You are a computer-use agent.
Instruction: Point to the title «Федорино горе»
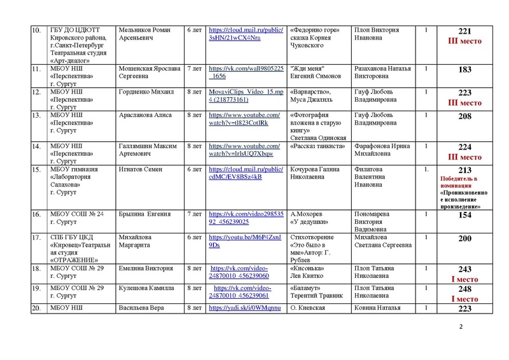[315, 30]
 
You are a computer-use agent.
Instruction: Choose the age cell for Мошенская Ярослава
[194, 69]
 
